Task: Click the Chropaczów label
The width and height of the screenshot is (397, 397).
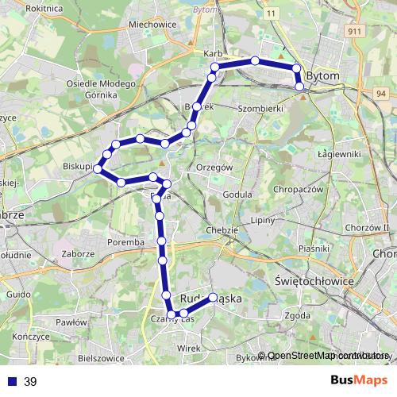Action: [296, 191]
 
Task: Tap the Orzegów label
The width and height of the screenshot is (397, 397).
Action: [214, 168]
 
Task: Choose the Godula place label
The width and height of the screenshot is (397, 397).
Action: [237, 194]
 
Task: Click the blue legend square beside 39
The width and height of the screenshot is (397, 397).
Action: [12, 381]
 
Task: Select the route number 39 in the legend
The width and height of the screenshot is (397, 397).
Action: [30, 381]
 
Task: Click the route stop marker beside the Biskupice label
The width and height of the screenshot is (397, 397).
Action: [98, 168]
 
